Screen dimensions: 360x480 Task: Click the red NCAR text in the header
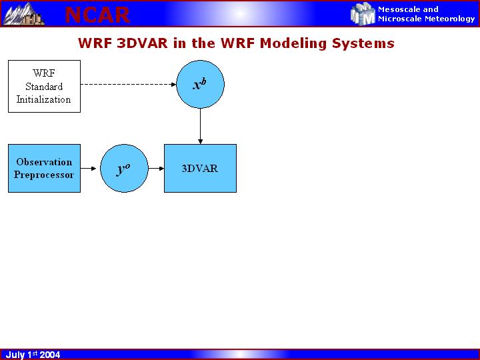point(97,15)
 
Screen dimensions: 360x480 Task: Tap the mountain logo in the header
point(23,13)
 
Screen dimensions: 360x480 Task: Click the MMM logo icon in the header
point(363,13)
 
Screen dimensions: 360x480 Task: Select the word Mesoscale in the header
point(399,9)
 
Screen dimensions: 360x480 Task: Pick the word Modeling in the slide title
point(289,44)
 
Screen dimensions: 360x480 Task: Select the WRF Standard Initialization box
point(44,86)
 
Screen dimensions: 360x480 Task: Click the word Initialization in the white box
point(44,99)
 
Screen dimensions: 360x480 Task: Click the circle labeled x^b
point(200,84)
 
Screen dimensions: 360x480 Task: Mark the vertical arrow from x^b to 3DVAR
point(200,126)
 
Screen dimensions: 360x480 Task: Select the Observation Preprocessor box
point(44,168)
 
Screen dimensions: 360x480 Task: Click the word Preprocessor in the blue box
point(44,175)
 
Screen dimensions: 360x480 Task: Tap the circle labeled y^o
point(123,168)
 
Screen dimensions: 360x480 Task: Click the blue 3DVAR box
point(200,168)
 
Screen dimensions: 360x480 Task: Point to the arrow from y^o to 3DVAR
point(155,168)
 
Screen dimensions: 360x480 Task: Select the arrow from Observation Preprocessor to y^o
point(90,168)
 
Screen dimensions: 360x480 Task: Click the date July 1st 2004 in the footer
point(33,355)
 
